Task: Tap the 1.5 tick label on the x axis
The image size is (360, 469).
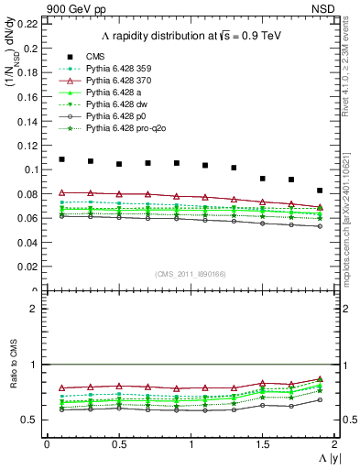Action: [x=262, y=444]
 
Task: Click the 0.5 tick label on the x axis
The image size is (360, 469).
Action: [x=118, y=444]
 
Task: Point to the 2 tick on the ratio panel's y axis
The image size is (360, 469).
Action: [x=37, y=309]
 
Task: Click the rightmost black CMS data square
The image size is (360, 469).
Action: [x=320, y=191]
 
